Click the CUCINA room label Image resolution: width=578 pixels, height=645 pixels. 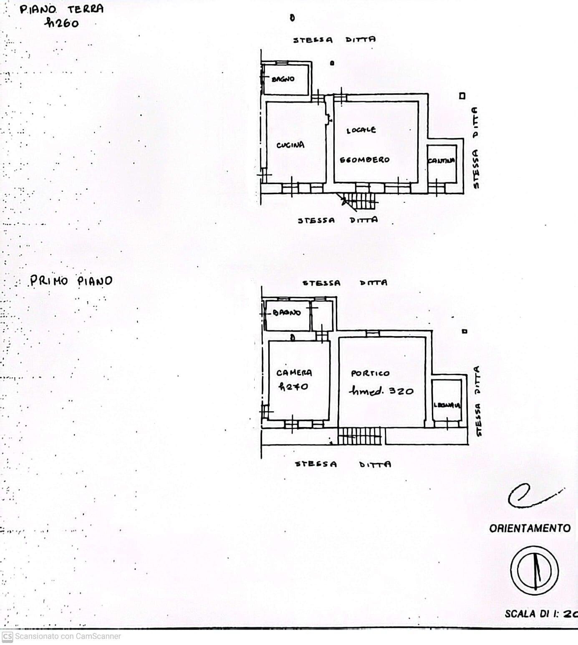(290, 145)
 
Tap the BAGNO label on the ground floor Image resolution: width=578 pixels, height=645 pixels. (283, 79)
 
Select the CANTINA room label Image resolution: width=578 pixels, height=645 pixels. (441, 161)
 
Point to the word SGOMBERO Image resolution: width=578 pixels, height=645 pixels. (364, 160)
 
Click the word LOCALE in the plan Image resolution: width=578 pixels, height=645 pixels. (361, 130)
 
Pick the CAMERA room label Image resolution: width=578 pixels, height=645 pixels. (294, 373)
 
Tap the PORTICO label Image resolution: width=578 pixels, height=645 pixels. (370, 373)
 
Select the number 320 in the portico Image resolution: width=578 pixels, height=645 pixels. (401, 391)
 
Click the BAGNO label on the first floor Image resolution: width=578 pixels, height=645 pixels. (287, 313)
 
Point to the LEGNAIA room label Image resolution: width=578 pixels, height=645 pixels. (447, 405)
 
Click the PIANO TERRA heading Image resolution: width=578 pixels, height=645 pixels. (61, 9)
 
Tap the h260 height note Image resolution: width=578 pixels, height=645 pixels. (62, 23)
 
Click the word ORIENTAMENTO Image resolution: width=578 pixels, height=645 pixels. (530, 528)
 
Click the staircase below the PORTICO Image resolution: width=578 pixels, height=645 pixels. (360, 436)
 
